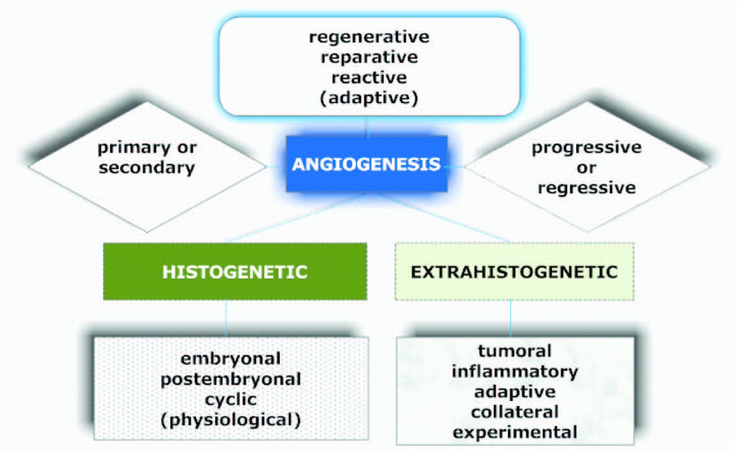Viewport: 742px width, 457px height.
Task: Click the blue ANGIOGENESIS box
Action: coord(366,164)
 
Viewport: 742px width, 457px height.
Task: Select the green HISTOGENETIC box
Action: coord(235,271)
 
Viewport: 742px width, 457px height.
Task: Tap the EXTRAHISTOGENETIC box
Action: coord(514,271)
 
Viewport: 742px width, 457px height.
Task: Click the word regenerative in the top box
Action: coord(369,37)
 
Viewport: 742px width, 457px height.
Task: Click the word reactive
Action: coord(369,78)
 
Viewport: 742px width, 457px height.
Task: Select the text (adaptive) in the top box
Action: coord(369,98)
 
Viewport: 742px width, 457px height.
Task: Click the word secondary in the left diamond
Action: coord(147,168)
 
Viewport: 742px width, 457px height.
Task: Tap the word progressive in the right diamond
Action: coord(586,147)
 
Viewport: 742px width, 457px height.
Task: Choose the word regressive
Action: coord(586,188)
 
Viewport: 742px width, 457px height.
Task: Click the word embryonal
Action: coord(231,358)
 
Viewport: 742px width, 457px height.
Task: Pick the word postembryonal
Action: coord(231,379)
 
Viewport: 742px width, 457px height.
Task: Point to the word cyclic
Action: coord(231,399)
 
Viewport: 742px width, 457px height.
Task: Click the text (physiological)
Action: coord(231,419)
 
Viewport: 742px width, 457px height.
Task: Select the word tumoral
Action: coord(515,351)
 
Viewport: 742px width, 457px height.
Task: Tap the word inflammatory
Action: coord(515,372)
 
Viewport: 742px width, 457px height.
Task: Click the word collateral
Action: coord(515,412)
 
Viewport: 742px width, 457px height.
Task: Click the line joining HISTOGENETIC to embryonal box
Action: coord(226,318)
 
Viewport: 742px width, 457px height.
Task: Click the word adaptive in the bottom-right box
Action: coord(515,392)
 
